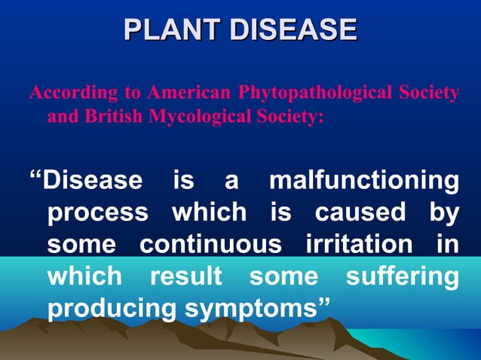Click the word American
[189, 93]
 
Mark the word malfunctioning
[364, 181]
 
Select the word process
[98, 213]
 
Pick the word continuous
[210, 244]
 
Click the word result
[185, 276]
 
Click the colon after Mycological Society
[321, 119]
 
